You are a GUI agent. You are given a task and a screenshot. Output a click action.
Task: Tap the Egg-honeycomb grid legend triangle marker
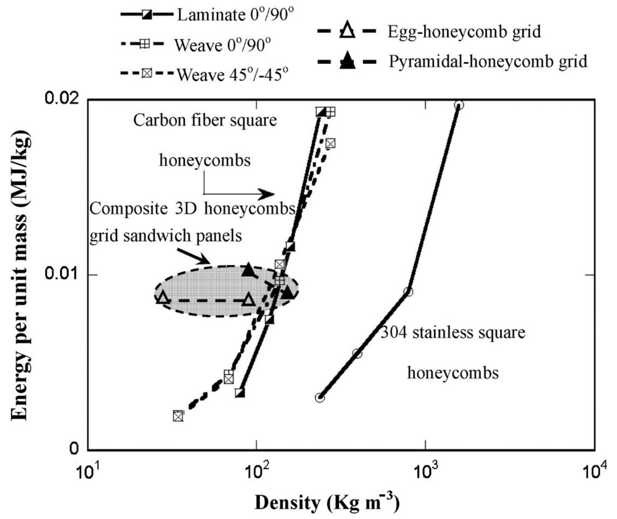click(347, 31)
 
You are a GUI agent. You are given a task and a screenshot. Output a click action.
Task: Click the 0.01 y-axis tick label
click(62, 273)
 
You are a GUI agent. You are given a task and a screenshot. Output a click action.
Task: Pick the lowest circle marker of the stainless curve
click(320, 398)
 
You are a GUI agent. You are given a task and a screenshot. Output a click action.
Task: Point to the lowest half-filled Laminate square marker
click(240, 393)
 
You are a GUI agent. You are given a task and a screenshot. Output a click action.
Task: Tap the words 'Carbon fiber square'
click(205, 120)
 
